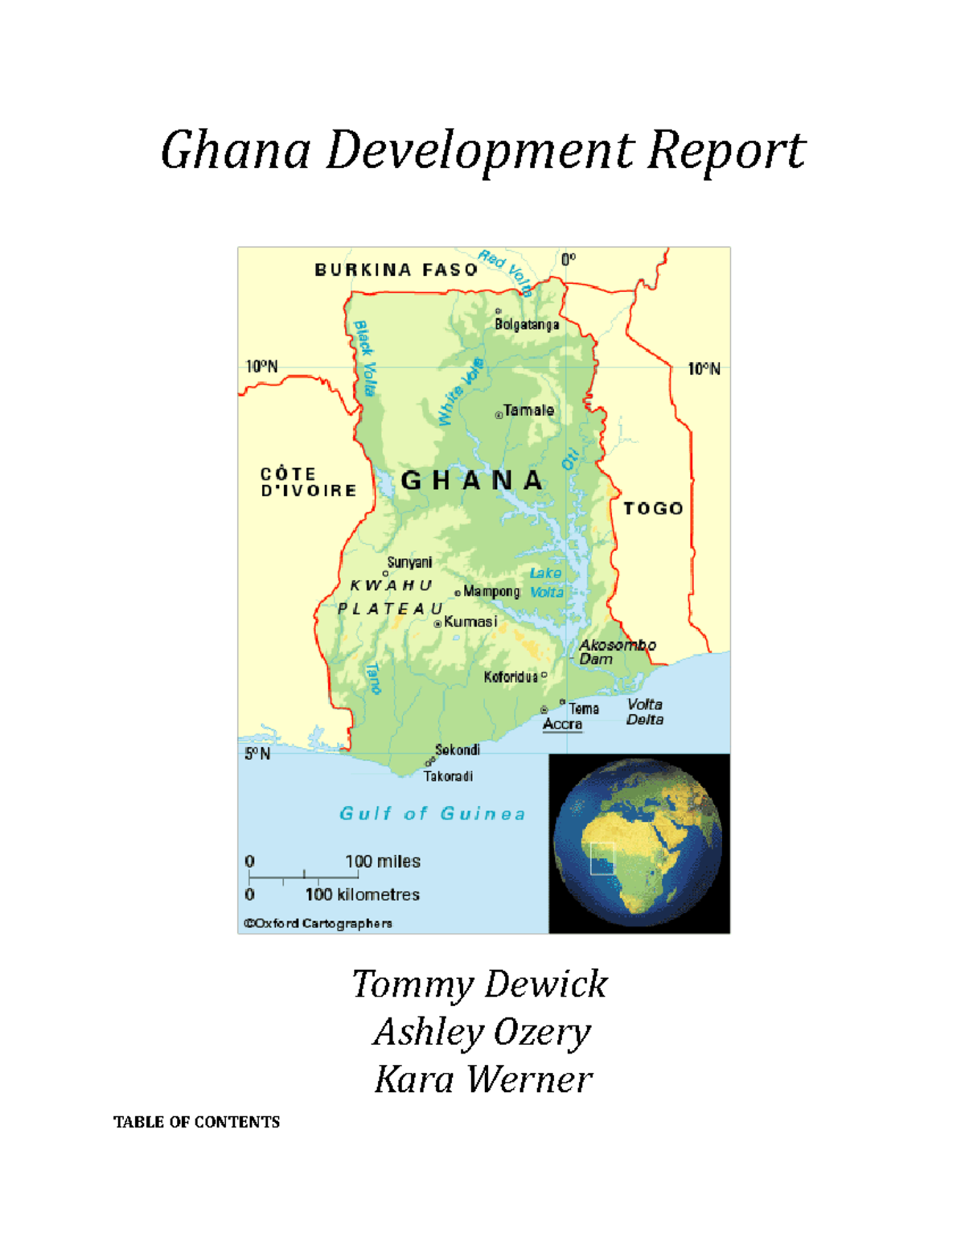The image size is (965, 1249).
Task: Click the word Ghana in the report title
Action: click(236, 150)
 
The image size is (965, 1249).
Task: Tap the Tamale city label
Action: click(528, 410)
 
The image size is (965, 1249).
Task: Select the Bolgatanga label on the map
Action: click(527, 325)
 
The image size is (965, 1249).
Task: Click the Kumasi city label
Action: click(470, 622)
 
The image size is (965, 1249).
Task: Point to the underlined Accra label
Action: click(562, 724)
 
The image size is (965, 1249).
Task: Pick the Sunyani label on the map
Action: click(409, 562)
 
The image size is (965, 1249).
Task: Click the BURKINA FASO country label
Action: click(396, 270)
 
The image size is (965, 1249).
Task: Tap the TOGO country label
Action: click(653, 508)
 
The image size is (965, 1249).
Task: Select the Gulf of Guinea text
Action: click(433, 814)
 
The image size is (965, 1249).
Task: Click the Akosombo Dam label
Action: click(616, 651)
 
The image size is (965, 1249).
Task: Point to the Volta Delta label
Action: click(645, 712)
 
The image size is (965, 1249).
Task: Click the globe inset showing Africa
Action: click(639, 844)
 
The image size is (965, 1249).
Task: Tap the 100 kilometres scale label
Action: click(362, 894)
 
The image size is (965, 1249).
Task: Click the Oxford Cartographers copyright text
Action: click(318, 923)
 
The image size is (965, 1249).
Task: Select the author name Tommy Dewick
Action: click(480, 984)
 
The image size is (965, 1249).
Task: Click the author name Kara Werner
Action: click(482, 1079)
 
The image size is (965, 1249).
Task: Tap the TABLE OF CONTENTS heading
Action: click(196, 1122)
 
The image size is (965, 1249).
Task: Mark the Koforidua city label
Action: click(511, 677)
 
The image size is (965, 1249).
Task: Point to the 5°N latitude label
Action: click(257, 754)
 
